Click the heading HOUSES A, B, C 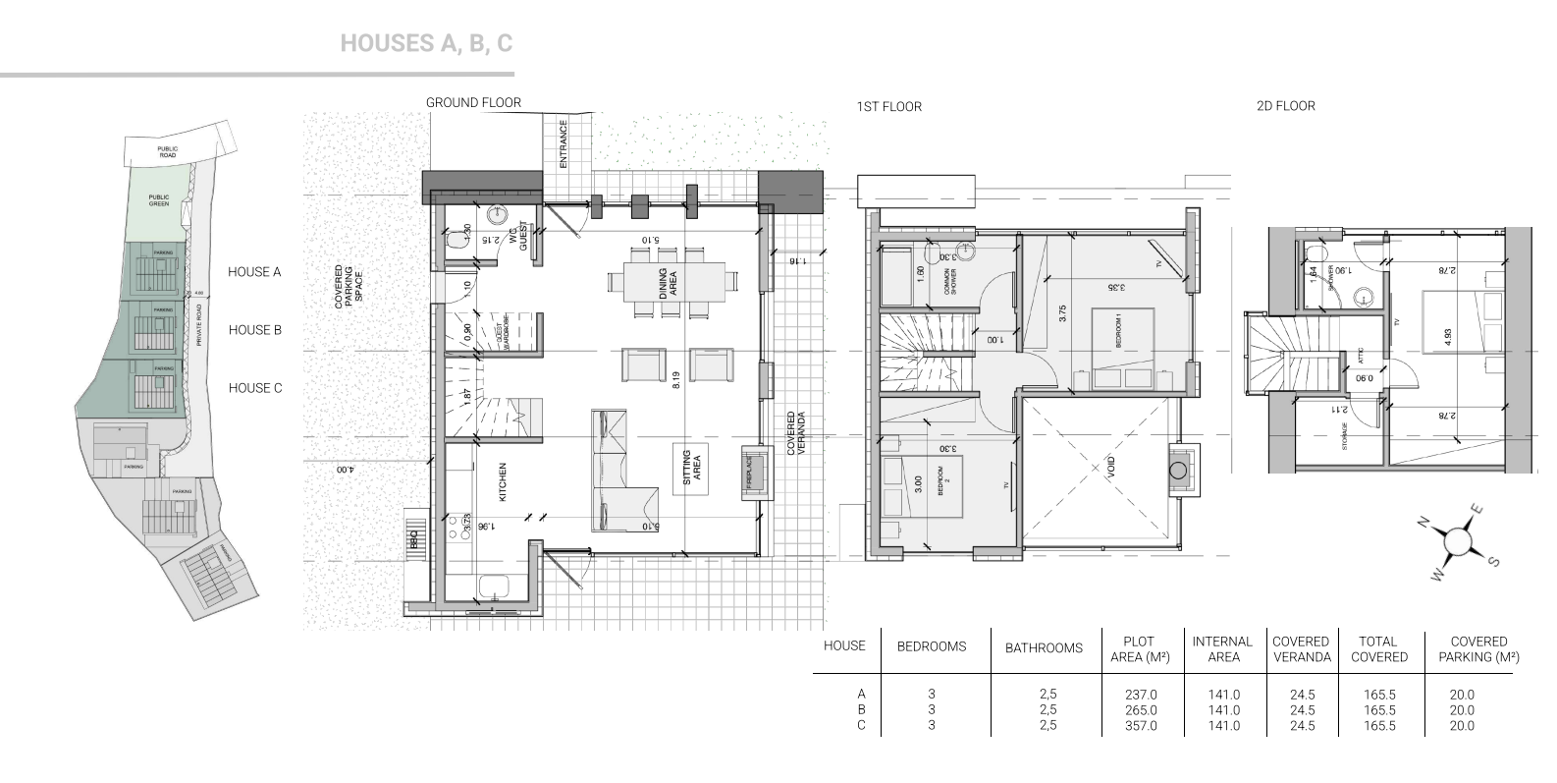pos(426,43)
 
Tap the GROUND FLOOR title pos(473,102)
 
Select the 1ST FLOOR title pos(888,106)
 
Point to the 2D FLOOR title pos(1285,105)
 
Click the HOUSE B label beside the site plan pos(254,330)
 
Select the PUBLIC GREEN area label pos(159,199)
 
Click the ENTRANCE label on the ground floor pos(564,144)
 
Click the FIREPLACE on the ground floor pos(749,472)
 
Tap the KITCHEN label pos(503,481)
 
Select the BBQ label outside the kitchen pos(414,540)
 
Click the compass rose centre pos(1457,538)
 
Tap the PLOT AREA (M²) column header pos(1139,648)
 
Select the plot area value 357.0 pos(1141,726)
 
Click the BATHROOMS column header pos(1044,647)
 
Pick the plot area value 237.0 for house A pos(1141,694)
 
